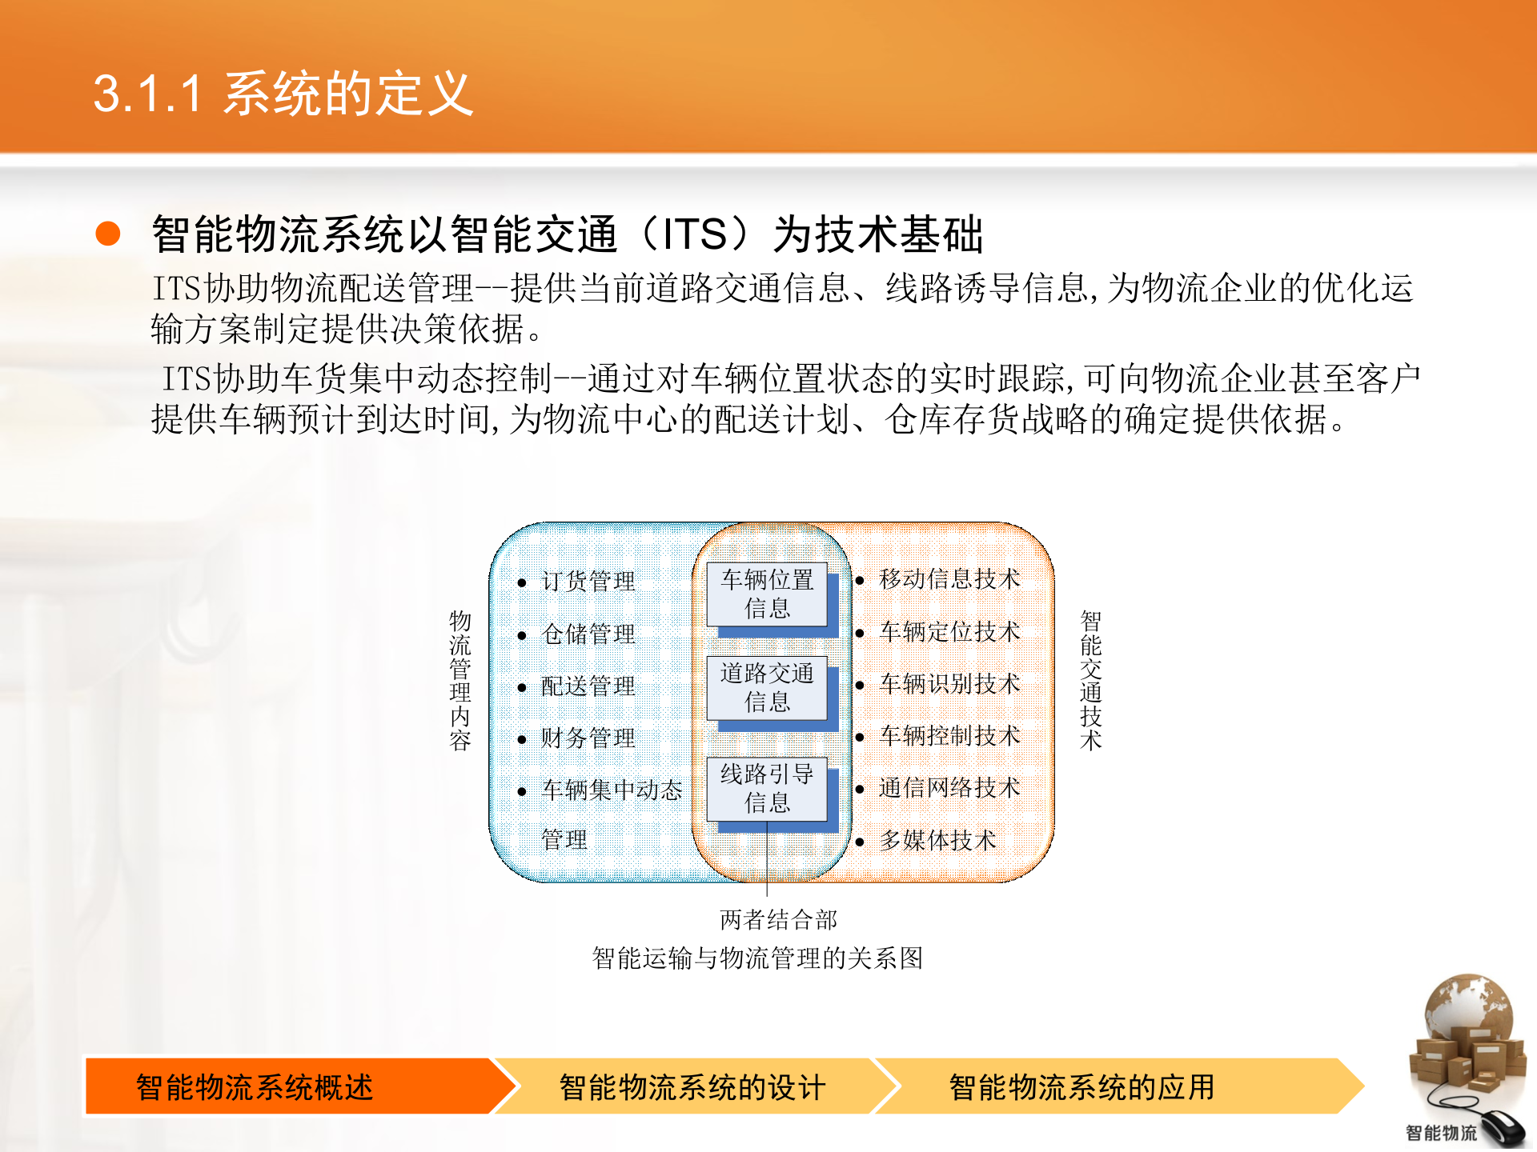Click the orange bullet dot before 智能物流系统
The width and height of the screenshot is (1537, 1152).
107,234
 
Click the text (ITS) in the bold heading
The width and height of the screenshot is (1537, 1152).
695,234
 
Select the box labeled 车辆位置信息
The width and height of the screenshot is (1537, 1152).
766,594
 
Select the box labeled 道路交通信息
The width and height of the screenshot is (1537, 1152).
766,687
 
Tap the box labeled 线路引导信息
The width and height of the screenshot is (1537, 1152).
766,788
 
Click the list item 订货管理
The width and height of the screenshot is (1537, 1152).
588,581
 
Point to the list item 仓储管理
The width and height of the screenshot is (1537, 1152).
588,634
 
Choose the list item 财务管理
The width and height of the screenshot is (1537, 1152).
588,738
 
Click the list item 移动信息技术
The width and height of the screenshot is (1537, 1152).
949,578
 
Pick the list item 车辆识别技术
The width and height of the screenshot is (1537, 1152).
949,683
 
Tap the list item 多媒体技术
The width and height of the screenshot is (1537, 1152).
937,840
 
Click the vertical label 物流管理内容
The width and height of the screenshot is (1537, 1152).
459,680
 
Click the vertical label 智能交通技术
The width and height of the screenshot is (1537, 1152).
1090,680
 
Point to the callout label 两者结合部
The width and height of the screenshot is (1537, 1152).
778,920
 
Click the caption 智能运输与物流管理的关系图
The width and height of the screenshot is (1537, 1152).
757,958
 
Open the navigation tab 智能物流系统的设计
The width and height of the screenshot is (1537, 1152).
692,1086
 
